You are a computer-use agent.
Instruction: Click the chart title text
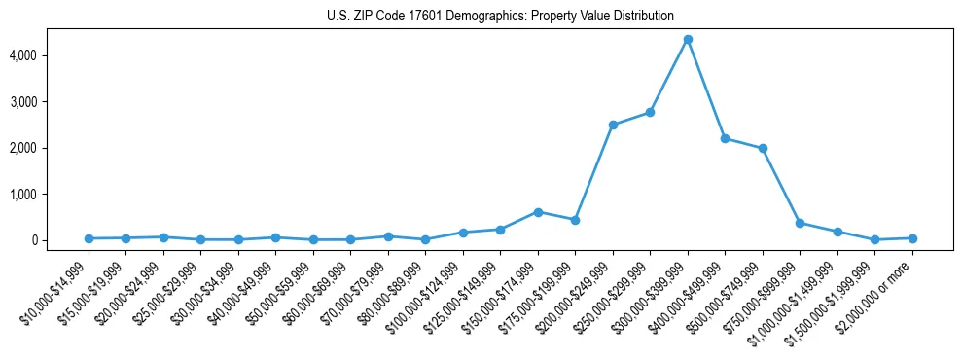500,16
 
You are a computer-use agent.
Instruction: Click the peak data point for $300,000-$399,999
688,39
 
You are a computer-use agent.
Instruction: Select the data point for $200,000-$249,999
613,125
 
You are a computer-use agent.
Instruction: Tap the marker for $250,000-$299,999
650,112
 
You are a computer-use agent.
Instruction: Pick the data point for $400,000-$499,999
725,138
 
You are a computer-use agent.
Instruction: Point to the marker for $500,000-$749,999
763,149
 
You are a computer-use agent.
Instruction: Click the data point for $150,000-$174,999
538,212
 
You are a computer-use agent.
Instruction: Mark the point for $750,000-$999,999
800,223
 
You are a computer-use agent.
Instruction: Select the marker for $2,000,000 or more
912,238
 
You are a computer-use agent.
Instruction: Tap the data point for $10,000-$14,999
89,238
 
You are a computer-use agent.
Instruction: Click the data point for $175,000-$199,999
575,220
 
